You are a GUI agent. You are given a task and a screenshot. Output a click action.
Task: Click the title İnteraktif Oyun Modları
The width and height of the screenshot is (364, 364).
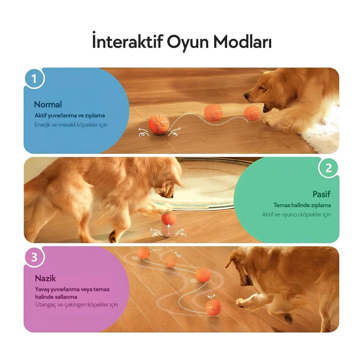[182, 42]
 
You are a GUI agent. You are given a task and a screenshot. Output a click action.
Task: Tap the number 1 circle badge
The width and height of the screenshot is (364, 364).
[35, 79]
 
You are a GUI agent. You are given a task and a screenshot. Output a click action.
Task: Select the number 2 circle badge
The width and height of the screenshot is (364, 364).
[328, 168]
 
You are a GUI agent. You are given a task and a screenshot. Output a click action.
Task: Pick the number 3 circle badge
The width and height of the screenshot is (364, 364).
[35, 257]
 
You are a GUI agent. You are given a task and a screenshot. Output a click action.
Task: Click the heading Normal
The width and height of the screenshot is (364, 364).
[48, 104]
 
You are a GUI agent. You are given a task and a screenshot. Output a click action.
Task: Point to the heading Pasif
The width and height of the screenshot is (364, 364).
[321, 194]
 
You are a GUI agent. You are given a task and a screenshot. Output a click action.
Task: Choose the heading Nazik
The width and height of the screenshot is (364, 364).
[45, 278]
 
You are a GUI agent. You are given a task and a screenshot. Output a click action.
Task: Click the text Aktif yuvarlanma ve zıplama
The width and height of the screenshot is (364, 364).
[70, 115]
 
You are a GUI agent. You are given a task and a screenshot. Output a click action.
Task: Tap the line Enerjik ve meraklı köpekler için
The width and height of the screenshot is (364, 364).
[71, 124]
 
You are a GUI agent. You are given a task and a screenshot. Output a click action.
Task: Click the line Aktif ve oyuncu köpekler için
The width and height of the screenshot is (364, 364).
[297, 214]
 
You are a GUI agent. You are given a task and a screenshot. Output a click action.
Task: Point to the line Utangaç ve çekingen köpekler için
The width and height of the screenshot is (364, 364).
[76, 304]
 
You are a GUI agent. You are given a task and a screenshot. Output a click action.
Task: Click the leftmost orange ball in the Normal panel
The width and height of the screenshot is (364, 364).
[158, 124]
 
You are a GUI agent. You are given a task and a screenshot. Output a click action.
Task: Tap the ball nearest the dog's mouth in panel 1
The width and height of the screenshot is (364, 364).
[252, 113]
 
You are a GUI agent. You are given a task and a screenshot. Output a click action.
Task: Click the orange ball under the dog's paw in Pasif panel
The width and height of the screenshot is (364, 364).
[169, 218]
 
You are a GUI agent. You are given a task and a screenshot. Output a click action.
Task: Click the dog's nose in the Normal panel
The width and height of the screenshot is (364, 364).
[247, 97]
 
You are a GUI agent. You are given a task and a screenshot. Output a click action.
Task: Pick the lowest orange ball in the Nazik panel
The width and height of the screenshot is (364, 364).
[213, 307]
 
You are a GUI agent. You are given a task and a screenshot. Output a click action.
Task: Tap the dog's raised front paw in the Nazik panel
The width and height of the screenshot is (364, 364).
[243, 302]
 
